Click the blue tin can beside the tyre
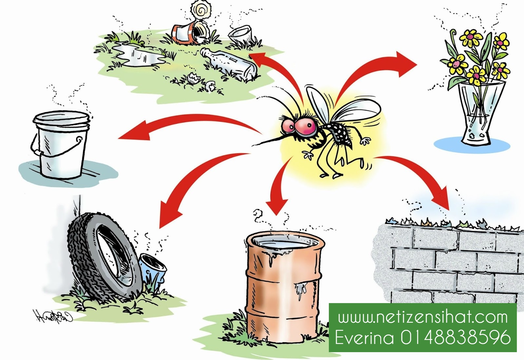pos(152,268)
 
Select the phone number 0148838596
pos(455,337)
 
